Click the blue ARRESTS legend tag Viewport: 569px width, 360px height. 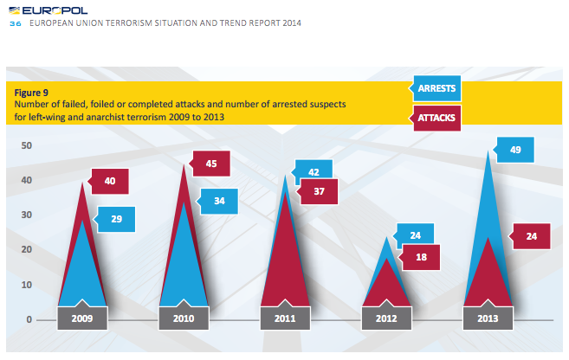pyautogui.click(x=436, y=88)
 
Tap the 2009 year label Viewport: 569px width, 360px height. pyautogui.click(x=83, y=318)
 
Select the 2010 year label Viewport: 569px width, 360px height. pyautogui.click(x=184, y=318)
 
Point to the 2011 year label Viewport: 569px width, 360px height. pyautogui.click(x=286, y=318)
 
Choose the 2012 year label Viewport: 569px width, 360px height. pyautogui.click(x=386, y=318)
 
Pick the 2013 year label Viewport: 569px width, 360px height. pyautogui.click(x=488, y=318)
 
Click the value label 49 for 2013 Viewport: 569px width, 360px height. pyautogui.click(x=515, y=150)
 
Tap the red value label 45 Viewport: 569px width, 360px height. pyautogui.click(x=211, y=164)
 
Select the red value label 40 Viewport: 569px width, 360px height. pyautogui.click(x=110, y=181)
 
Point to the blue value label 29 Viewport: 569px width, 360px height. pyautogui.click(x=116, y=220)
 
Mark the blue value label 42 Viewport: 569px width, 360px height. pyautogui.click(x=314, y=172)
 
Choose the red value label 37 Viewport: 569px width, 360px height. pyautogui.click(x=318, y=192)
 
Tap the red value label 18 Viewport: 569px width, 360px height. pyautogui.click(x=420, y=256)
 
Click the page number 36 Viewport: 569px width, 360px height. pyautogui.click(x=15, y=24)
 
